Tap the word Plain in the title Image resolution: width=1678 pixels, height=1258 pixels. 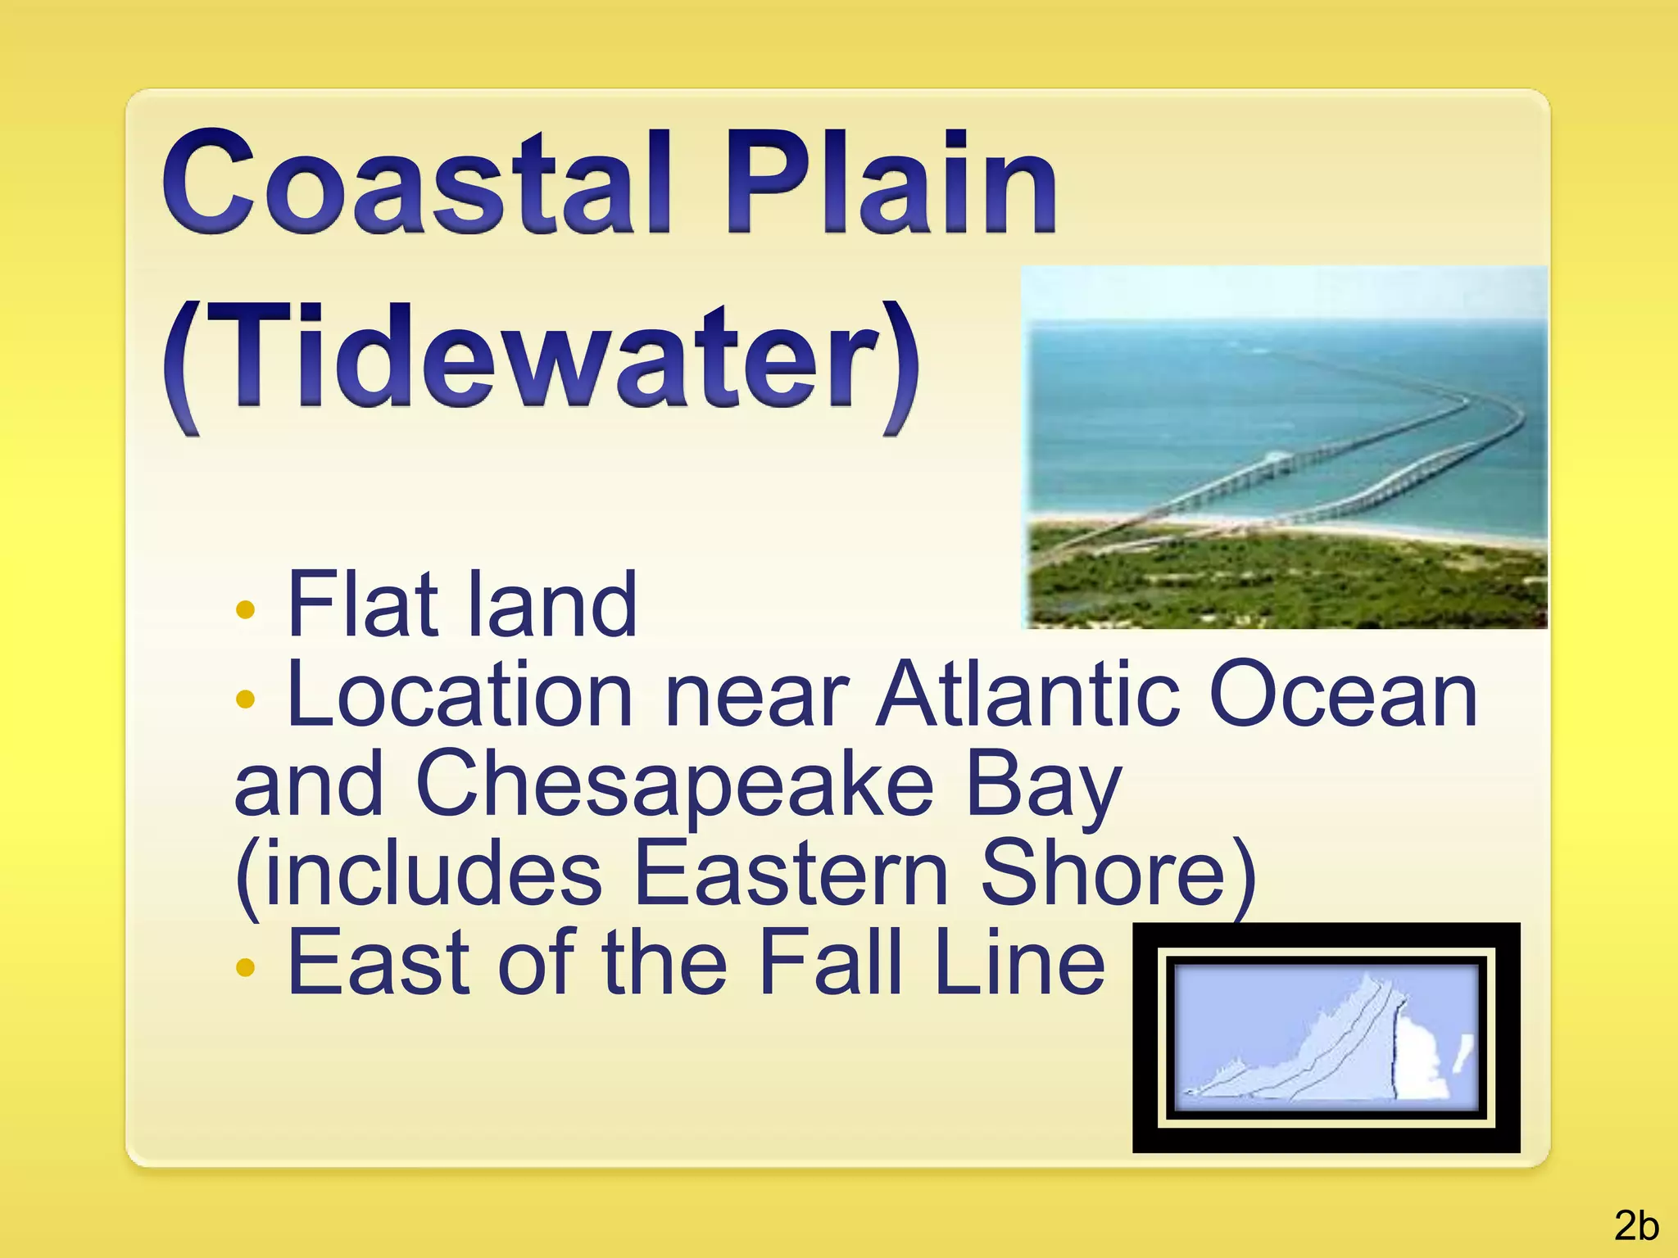pyautogui.click(x=890, y=182)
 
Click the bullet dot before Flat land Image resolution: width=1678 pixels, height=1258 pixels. pyautogui.click(x=245, y=610)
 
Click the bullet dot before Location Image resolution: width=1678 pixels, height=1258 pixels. pyautogui.click(x=245, y=699)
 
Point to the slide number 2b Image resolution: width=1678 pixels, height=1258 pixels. pyautogui.click(x=1636, y=1226)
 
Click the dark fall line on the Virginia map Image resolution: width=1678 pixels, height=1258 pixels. pyautogui.click(x=1395, y=1057)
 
